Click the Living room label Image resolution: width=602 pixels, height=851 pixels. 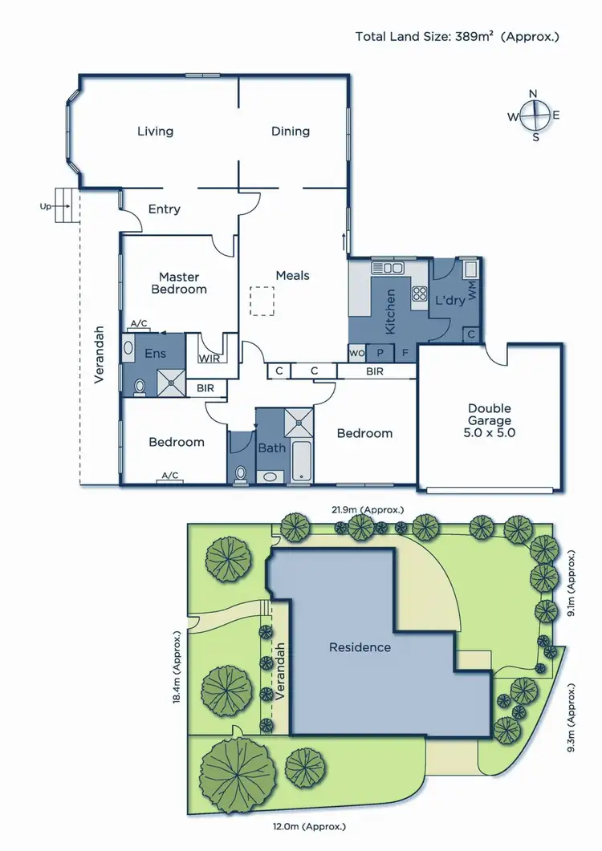[x=155, y=132]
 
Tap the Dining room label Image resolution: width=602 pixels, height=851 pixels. [x=291, y=132]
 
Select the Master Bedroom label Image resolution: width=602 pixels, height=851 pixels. [x=179, y=283]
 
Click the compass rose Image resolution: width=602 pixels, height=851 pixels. [x=534, y=115]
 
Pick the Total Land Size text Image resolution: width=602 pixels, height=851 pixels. [x=458, y=36]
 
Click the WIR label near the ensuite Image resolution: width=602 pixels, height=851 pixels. [x=210, y=359]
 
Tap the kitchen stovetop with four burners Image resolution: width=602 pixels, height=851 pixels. [x=418, y=294]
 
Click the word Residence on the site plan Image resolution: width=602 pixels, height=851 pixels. [x=360, y=647]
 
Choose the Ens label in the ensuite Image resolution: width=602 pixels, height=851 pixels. [x=154, y=352]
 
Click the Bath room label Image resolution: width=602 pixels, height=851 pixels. [x=271, y=448]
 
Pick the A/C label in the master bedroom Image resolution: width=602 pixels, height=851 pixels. [x=139, y=324]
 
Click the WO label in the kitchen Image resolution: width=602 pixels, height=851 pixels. [x=356, y=352]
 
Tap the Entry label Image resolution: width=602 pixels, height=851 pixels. [x=165, y=209]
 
